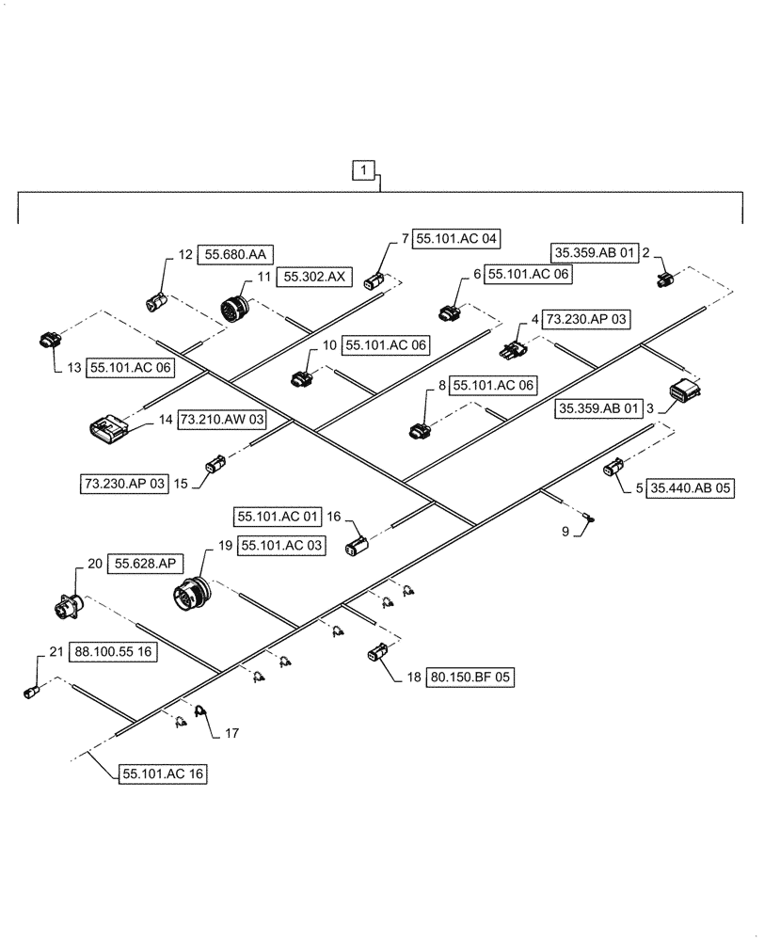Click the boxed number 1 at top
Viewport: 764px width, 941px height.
pos(365,170)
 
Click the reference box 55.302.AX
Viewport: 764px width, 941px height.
pos(314,277)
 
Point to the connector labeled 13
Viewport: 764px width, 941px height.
pos(49,340)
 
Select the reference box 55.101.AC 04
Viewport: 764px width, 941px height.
pos(455,239)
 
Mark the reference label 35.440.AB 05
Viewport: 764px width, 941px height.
pos(689,487)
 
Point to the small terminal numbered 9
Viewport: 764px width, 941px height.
pos(589,517)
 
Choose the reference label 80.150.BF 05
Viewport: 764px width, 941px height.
pos(473,676)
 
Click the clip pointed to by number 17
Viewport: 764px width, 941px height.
pos(199,714)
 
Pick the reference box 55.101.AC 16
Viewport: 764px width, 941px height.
pos(162,774)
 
